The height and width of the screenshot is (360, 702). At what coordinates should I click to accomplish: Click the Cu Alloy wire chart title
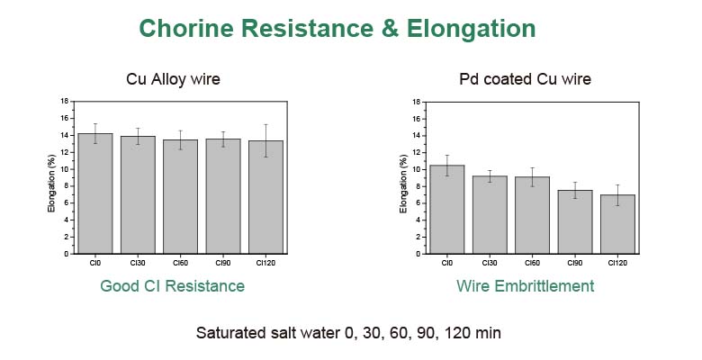point(173,80)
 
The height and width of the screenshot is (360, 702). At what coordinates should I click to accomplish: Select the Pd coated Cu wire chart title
point(525,80)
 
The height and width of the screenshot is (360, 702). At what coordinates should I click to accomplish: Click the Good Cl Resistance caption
point(172,286)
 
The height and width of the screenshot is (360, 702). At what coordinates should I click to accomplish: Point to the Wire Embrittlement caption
point(525,286)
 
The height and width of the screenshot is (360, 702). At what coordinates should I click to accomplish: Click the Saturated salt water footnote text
point(348,332)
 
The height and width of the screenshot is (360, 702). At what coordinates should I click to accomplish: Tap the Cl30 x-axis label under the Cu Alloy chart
point(137,263)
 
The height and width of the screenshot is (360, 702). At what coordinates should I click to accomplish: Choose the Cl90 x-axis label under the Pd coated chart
point(575,263)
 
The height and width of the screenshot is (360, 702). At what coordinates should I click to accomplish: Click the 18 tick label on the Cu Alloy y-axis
point(64,101)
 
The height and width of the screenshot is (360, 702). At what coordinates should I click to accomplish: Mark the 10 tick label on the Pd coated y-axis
point(416,169)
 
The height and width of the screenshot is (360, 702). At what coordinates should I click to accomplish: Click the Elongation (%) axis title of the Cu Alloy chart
point(51,184)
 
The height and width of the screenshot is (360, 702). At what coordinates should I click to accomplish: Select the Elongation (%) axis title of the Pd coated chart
point(402,184)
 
